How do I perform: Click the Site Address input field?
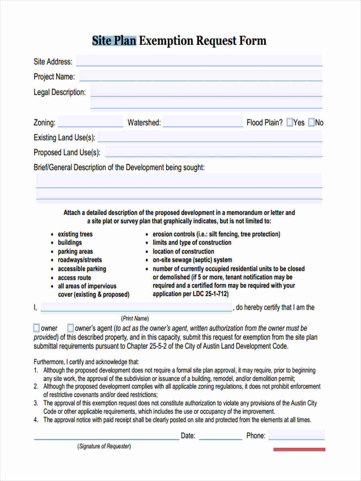pyautogui.click(x=199, y=61)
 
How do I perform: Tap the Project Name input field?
pyautogui.click(x=201, y=76)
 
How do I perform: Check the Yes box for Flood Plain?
pyautogui.click(x=290, y=123)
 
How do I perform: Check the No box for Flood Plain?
pyautogui.click(x=311, y=123)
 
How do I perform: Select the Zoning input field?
pyautogui.click(x=90, y=122)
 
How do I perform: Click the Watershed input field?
pyautogui.click(x=203, y=122)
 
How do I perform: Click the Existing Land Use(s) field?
pyautogui.click(x=210, y=137)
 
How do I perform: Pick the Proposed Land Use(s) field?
pyautogui.click(x=213, y=152)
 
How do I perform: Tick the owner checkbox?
pyautogui.click(x=37, y=328)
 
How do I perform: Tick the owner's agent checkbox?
pyautogui.click(x=71, y=328)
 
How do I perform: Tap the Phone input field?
pyautogui.click(x=296, y=435)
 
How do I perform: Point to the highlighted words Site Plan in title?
pyautogui.click(x=114, y=41)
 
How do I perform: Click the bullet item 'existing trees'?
pyautogui.click(x=75, y=234)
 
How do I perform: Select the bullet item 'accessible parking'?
pyautogui.click(x=82, y=269)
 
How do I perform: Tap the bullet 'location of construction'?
pyautogui.click(x=183, y=251)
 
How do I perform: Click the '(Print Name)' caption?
pyautogui.click(x=135, y=319)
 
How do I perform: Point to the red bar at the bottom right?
pyautogui.click(x=299, y=449)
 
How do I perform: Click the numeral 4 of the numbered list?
pyautogui.click(x=36, y=420)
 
